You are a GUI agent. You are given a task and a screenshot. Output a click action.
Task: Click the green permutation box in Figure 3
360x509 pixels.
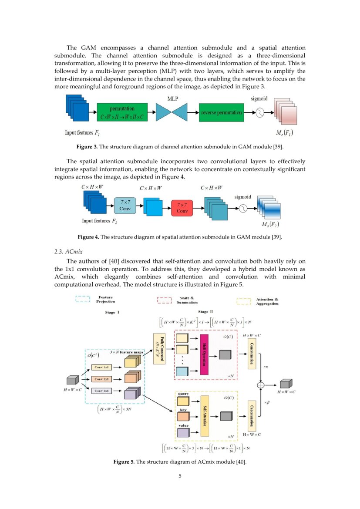pos(122,112)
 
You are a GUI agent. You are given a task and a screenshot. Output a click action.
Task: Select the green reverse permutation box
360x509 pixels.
pos(221,112)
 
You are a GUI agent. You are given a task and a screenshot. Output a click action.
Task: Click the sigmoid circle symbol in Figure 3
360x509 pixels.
pos(260,112)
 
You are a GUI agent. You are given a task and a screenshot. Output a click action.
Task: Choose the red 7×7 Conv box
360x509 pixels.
pos(182,207)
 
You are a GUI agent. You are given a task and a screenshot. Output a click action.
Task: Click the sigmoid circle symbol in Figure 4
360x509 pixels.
pos(243,208)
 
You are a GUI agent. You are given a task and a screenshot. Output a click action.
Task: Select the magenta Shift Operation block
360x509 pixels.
pos(204,354)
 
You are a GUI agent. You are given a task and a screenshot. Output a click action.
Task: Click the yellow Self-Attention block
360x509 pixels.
pos(204,416)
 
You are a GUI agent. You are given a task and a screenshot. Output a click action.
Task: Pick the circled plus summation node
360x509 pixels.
pos(261,384)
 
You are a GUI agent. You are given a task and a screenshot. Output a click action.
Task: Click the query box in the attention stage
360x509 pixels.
pos(183,401)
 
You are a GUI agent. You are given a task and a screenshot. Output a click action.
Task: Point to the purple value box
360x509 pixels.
pos(183,432)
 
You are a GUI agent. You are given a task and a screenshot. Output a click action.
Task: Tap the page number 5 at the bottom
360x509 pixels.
pos(180,475)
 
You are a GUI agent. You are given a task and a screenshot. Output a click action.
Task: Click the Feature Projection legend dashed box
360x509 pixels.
pos(83,299)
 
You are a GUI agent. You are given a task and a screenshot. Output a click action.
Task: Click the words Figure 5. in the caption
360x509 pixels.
pos(124,462)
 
